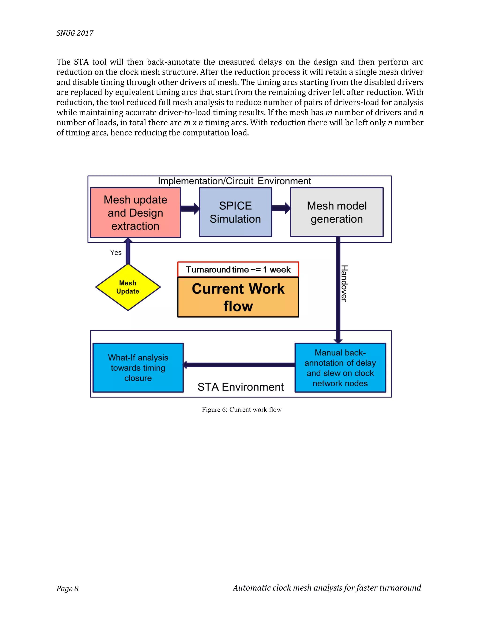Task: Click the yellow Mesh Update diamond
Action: tap(128, 287)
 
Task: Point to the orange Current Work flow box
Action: tap(238, 297)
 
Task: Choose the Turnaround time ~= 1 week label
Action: tap(238, 269)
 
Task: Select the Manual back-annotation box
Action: tap(340, 367)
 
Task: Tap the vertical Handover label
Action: tap(344, 283)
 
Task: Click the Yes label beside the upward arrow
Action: tap(116, 252)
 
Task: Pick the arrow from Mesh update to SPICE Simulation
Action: tap(190, 208)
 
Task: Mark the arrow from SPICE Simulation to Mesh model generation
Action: tap(281, 208)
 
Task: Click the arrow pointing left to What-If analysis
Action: tap(239, 365)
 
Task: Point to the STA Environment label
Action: tap(240, 387)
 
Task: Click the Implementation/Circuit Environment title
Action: tap(234, 181)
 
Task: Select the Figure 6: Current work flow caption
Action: tap(242, 409)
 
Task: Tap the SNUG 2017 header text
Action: tap(75, 33)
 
